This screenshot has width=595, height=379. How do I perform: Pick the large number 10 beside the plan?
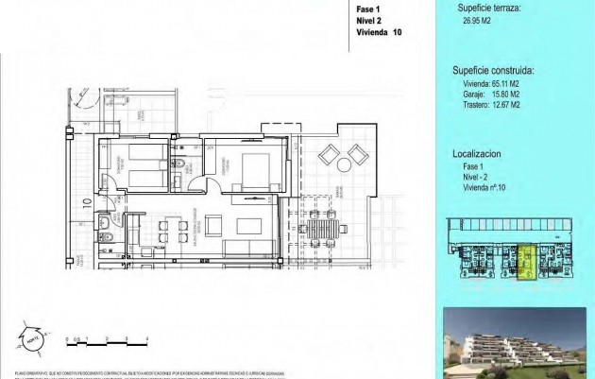click(x=86, y=201)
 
